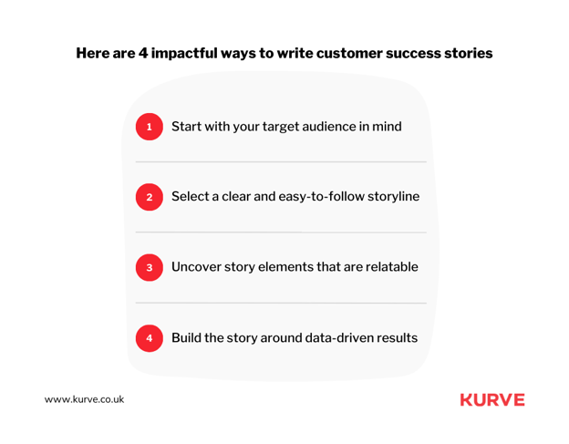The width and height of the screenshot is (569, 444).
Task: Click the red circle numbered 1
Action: coord(150,127)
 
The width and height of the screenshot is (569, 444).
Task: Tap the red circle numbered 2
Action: coord(150,197)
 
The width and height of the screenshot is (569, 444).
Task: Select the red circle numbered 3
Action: coord(150,267)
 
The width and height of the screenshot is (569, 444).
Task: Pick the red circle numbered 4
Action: coord(150,338)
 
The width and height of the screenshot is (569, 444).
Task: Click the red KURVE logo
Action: coord(492,399)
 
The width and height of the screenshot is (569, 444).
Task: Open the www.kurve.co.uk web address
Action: coord(84,399)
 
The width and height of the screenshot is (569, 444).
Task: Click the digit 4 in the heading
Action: coord(142,53)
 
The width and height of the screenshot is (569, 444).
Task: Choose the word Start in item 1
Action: coord(186,126)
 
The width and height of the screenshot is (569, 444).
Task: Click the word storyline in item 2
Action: coord(393,197)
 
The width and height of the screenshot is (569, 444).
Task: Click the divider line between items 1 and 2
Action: coord(281,161)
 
